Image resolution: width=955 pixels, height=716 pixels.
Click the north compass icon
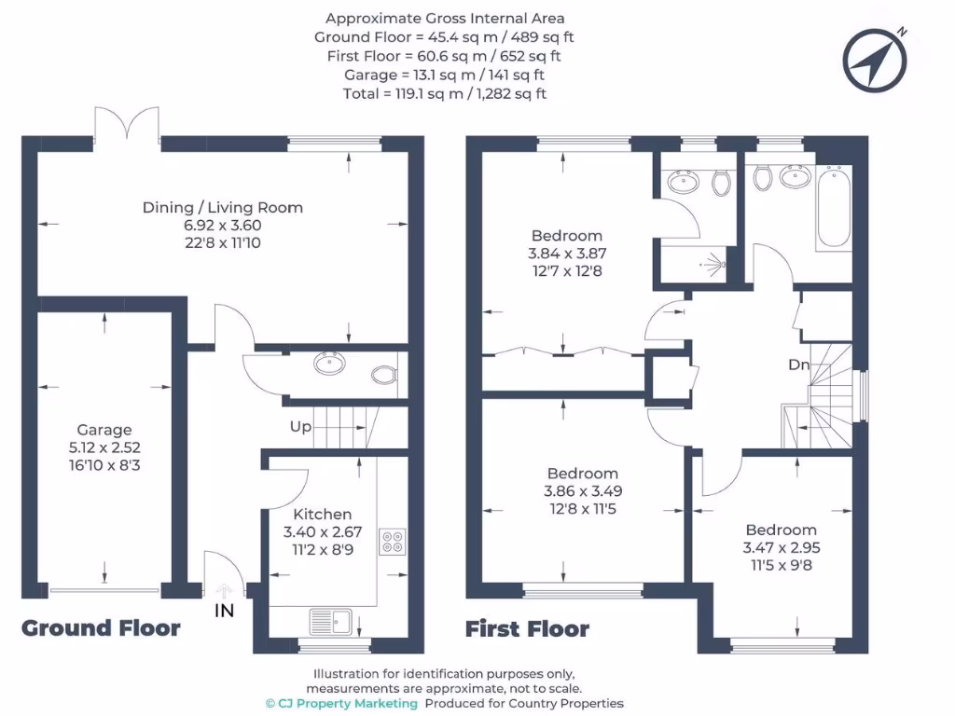click(x=874, y=59)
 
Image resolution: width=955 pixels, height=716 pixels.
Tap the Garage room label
click(x=104, y=430)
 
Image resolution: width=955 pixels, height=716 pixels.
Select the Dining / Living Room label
click(x=223, y=207)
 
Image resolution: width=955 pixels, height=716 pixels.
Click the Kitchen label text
click(x=323, y=514)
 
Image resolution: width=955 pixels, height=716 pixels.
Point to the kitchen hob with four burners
click(x=393, y=542)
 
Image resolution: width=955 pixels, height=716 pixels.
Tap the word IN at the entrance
click(x=224, y=611)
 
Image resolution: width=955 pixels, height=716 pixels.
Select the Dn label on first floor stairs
click(x=798, y=365)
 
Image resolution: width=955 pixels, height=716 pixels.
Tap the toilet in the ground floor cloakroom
click(x=382, y=375)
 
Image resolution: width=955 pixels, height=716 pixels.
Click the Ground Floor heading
click(x=101, y=627)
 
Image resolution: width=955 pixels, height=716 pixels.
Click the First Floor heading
click(x=527, y=629)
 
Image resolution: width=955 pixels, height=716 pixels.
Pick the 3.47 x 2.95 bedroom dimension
click(x=782, y=548)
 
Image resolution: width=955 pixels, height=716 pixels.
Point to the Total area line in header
click(x=445, y=93)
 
